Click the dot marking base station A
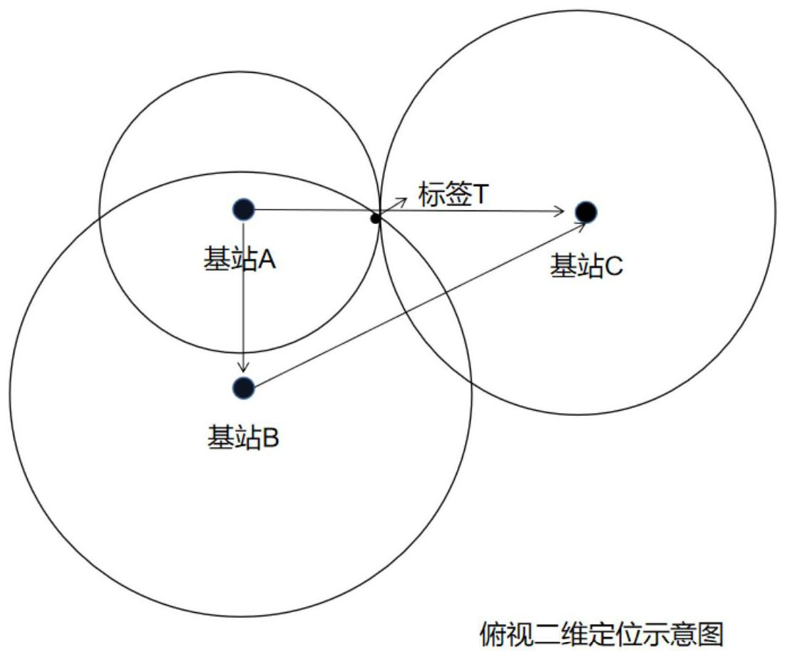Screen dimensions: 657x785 click(244, 209)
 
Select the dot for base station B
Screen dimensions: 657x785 click(244, 387)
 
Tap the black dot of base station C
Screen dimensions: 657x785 click(585, 211)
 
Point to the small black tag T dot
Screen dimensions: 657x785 click(375, 218)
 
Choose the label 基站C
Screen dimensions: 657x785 click(586, 267)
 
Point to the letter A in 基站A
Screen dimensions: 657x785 click(267, 260)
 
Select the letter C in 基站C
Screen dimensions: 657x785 click(614, 267)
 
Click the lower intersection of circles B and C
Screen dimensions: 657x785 click(471, 382)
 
